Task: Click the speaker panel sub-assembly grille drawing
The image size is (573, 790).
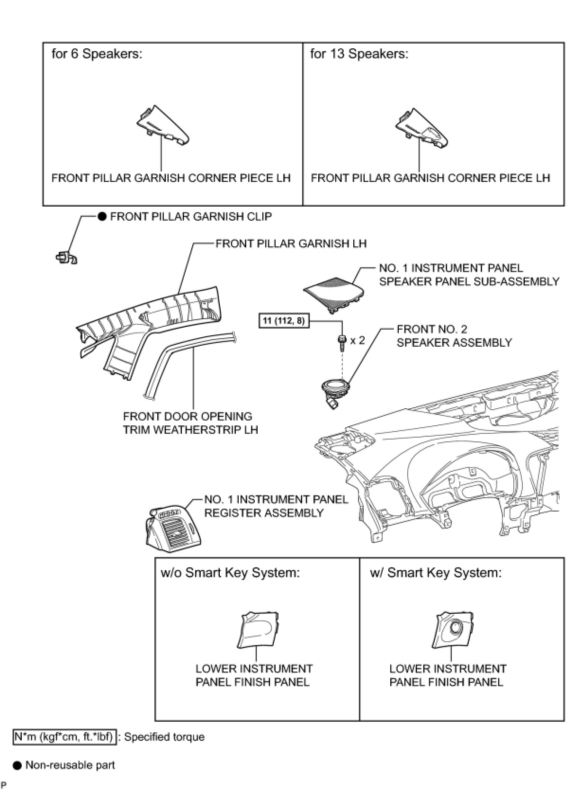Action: coord(333,294)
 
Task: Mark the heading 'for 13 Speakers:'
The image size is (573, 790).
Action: coord(359,54)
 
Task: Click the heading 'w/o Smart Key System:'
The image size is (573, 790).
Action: coord(230,573)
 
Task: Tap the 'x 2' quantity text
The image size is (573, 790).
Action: coord(358,340)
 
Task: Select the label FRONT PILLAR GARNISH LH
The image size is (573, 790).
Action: coord(291,243)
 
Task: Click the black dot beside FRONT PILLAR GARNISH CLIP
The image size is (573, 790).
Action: coord(102,217)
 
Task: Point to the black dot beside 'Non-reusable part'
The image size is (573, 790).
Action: coord(18,765)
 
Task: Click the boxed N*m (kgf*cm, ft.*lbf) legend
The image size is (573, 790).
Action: coord(64,737)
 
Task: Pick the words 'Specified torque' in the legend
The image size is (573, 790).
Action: coord(164,737)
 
